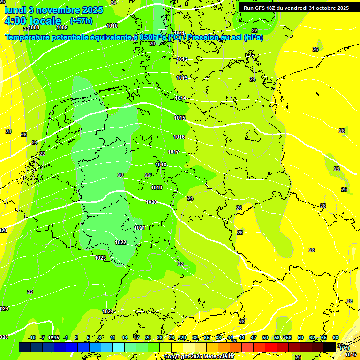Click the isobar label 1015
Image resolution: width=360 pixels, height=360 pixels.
tap(179, 118)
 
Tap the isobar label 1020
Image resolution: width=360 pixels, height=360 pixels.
tap(151, 202)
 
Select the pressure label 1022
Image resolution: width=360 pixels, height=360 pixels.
tap(120, 242)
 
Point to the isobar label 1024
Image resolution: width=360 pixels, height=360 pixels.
tap(108, 311)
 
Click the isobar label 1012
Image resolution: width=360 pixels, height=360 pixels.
tap(182, 59)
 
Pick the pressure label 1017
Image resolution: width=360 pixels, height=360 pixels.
tap(173, 152)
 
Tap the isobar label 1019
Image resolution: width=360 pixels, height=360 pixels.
tap(157, 187)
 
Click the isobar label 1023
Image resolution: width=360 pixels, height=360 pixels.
tap(100, 258)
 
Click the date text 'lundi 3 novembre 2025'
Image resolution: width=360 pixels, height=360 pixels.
tap(54, 10)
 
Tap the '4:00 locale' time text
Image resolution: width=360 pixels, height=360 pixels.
tap(33, 21)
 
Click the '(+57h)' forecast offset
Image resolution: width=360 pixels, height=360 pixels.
tap(81, 21)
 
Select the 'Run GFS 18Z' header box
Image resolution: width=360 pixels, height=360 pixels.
tap(296, 8)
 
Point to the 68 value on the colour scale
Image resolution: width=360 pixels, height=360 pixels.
tap(336, 337)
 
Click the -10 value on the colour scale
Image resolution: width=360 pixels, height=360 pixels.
tap(32, 337)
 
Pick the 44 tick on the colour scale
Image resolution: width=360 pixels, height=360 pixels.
tap(242, 337)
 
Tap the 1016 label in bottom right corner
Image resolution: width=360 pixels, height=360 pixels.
tap(351, 354)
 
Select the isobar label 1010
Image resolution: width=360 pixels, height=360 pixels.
tap(112, 26)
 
